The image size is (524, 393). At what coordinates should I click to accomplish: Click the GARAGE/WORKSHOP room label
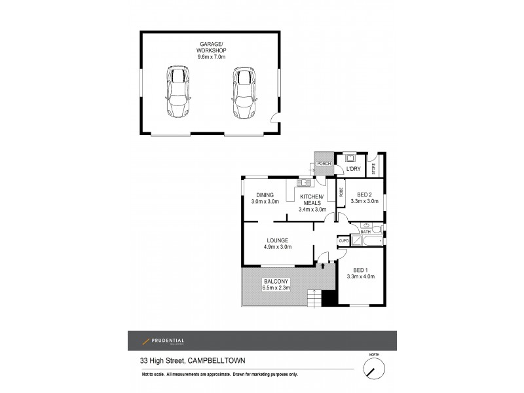(210, 46)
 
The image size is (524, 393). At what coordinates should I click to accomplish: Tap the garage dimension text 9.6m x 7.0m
(210, 57)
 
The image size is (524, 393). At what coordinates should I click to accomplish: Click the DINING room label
(265, 195)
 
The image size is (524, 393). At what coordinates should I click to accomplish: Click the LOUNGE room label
(278, 240)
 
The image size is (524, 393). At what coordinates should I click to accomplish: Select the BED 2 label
(365, 195)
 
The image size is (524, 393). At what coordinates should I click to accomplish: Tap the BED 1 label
(360, 270)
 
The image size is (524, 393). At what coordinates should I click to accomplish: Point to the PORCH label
(322, 163)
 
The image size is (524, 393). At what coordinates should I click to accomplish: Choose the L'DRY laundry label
(353, 169)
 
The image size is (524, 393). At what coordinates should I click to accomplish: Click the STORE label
(375, 168)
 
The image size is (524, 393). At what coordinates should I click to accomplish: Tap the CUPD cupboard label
(343, 241)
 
